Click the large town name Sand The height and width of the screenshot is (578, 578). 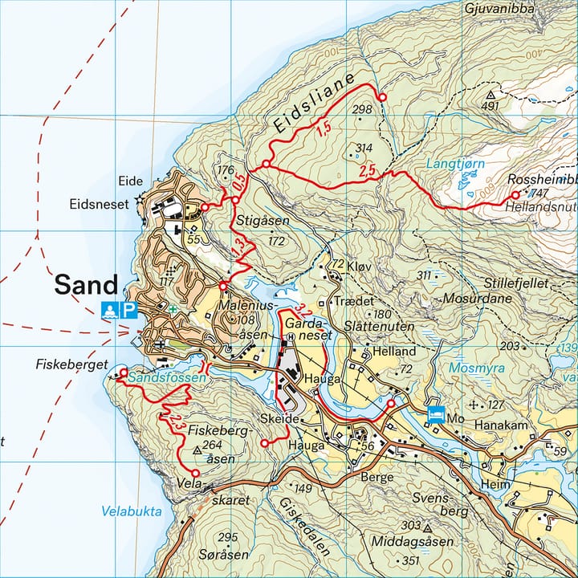click(86, 285)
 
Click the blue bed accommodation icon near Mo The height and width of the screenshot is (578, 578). click(437, 413)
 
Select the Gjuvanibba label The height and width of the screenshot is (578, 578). click(499, 8)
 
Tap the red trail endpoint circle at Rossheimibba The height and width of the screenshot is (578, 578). click(515, 195)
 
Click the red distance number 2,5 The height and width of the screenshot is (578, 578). click(368, 171)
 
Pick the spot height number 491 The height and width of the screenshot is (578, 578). click(490, 106)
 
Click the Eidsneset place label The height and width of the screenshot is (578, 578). click(99, 205)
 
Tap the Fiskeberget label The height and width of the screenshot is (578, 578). click(71, 364)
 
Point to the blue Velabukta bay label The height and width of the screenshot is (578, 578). click(132, 511)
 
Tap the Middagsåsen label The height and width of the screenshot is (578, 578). click(412, 542)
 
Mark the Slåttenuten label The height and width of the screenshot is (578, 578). click(379, 328)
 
